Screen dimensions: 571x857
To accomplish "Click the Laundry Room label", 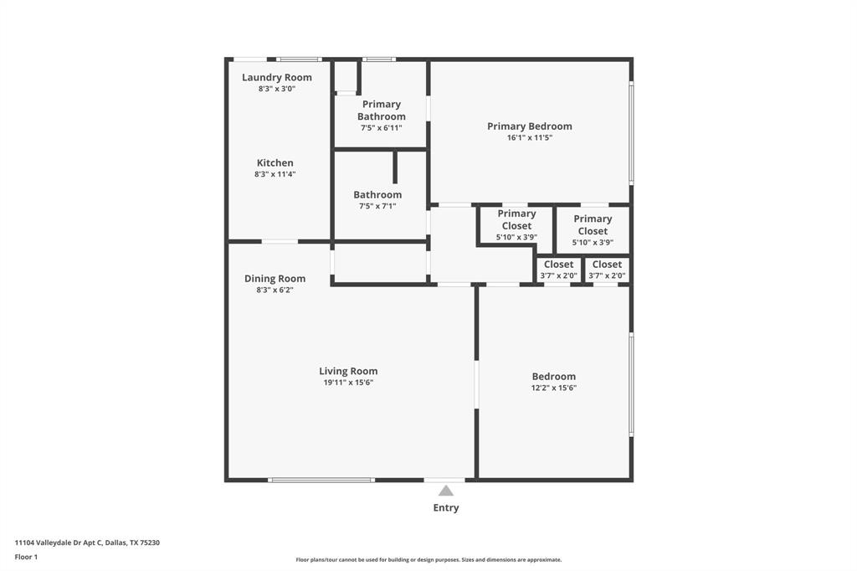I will point(276,78).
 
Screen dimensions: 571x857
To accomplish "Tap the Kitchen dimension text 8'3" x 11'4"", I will point(275,174).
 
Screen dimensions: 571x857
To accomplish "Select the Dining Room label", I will point(275,279).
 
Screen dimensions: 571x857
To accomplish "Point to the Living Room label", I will point(348,371).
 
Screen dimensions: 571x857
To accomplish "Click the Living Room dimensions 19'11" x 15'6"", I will point(348,383).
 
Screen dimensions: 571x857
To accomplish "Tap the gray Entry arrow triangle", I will point(446,491).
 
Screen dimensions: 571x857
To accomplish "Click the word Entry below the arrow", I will point(446,507).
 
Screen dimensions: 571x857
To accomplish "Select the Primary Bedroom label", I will point(530,126).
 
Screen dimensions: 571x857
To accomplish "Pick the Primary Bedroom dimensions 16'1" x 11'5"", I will point(530,138).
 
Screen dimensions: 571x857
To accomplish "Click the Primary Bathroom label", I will point(382,111).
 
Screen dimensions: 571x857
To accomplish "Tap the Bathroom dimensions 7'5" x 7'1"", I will point(377,206).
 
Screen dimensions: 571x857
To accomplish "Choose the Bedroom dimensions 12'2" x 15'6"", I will point(554,388).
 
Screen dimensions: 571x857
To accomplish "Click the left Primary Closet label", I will point(516,219).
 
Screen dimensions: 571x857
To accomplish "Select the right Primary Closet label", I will point(593,224).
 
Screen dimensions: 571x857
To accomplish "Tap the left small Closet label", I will point(558,265).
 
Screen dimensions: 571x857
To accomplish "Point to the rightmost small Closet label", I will point(607,265).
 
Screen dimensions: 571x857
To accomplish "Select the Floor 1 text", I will point(26,557).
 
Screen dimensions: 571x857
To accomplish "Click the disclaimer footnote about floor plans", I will point(428,560).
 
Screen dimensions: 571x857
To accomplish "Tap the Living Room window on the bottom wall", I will point(321,480).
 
